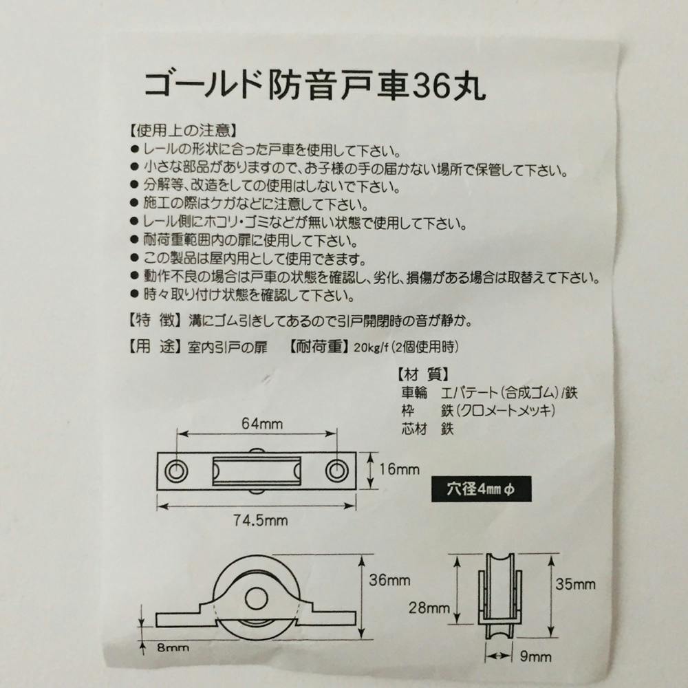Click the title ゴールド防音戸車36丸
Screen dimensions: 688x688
(314, 85)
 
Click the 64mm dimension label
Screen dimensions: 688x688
(262, 424)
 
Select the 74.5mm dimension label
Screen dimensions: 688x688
(260, 521)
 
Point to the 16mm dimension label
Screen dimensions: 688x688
(399, 469)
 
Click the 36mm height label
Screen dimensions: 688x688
(389, 581)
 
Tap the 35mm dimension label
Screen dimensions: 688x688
(575, 584)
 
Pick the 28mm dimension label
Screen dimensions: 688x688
(429, 608)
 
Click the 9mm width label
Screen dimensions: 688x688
(536, 656)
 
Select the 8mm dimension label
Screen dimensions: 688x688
(173, 647)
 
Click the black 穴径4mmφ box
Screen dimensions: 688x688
(481, 488)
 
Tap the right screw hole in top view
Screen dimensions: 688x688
(337, 471)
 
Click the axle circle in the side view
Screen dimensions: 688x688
(256, 600)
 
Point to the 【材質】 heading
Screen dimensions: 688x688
(423, 375)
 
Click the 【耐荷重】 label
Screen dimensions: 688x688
(320, 347)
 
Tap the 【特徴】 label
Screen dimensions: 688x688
(155, 321)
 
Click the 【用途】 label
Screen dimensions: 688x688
(155, 347)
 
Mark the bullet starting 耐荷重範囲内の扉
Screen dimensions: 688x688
(244, 240)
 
